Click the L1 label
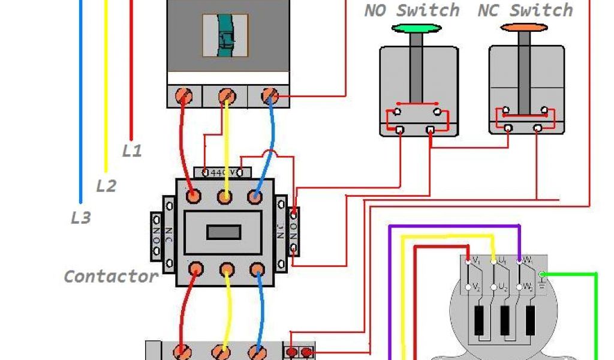(132, 151)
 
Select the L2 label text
(106, 186)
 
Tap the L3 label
(80, 218)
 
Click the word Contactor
(111, 277)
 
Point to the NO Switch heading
(412, 10)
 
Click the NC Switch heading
(525, 10)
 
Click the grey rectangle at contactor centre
(224, 232)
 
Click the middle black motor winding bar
(504, 321)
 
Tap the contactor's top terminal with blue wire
(256, 196)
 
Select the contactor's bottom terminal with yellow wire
(225, 269)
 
